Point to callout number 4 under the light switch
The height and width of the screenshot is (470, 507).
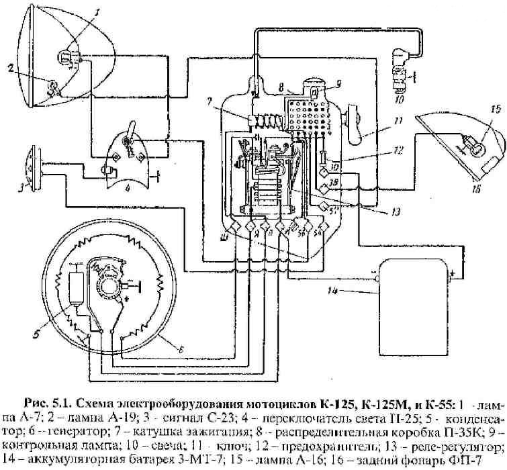127,187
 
